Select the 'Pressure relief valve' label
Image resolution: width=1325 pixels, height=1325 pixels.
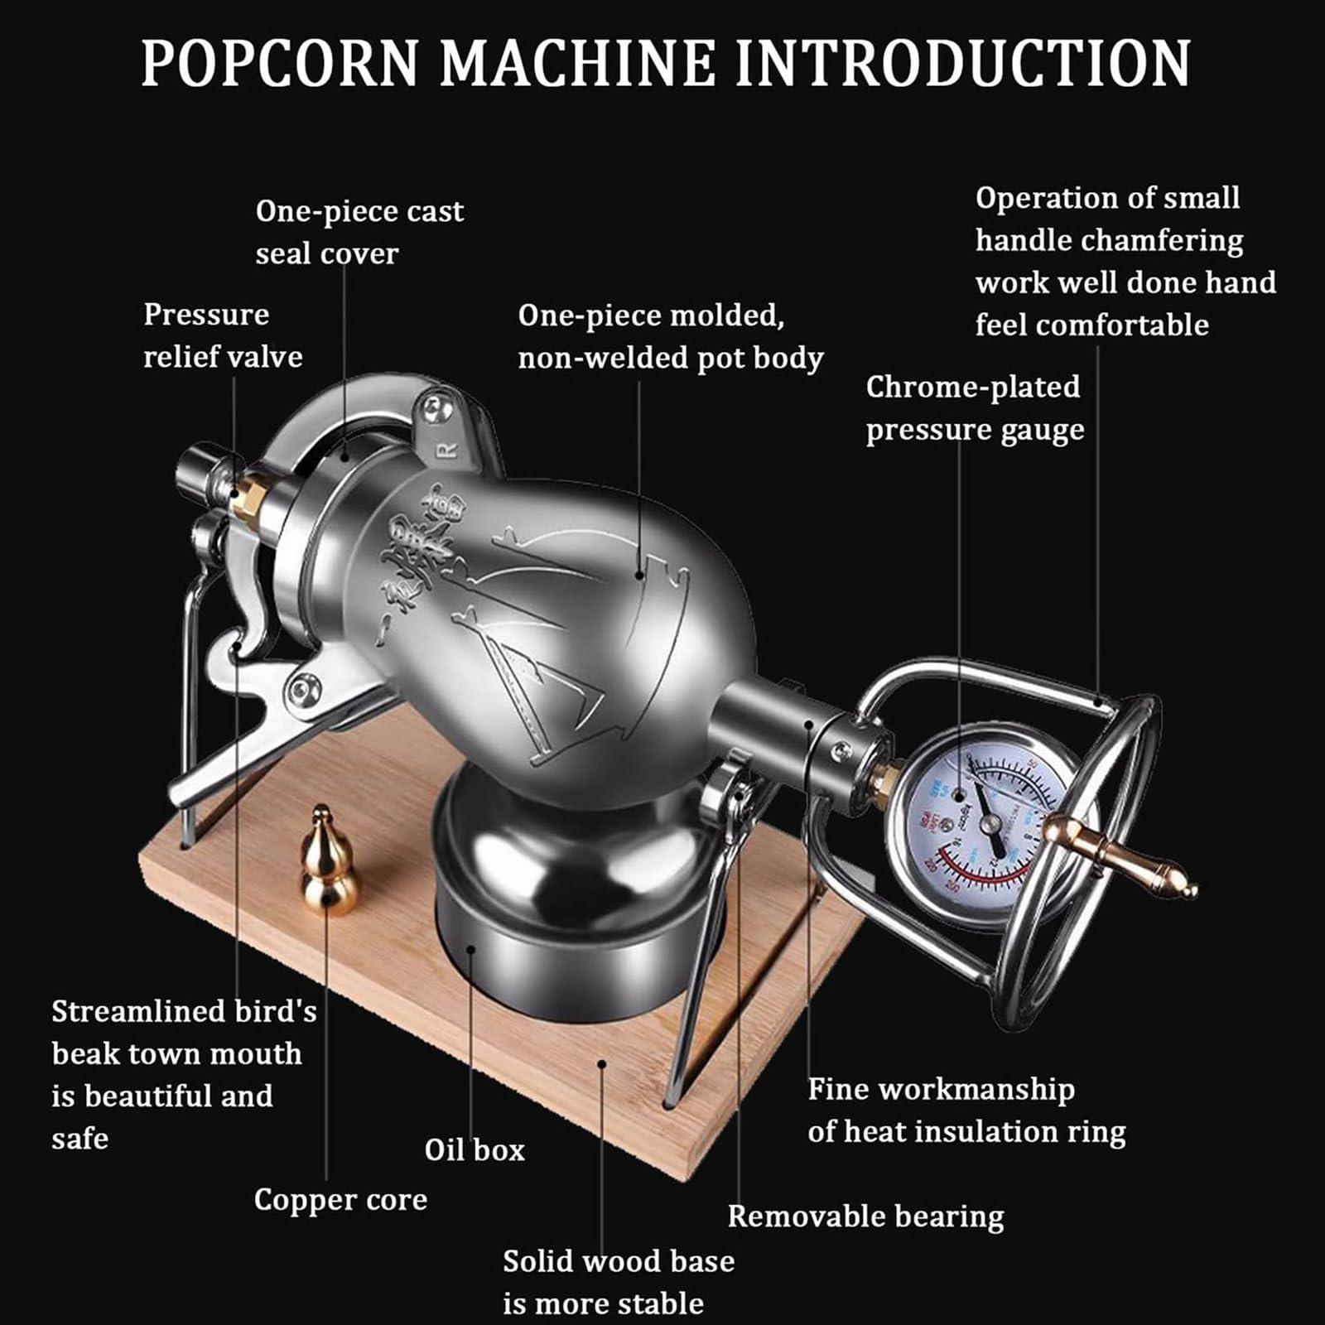point(222,335)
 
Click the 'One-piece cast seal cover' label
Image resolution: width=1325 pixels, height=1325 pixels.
point(359,232)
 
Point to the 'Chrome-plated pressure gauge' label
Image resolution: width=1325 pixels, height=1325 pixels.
point(974,408)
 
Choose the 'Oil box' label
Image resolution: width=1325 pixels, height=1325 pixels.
point(475,1149)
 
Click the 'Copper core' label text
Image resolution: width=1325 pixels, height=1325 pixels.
point(340,1199)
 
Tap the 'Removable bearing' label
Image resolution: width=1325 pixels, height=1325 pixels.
point(865,1216)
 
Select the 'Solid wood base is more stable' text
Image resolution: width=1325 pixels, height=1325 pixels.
point(618,1282)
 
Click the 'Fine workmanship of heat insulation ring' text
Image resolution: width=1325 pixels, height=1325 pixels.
point(966,1110)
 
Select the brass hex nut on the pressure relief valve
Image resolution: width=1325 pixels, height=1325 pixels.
point(248,498)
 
